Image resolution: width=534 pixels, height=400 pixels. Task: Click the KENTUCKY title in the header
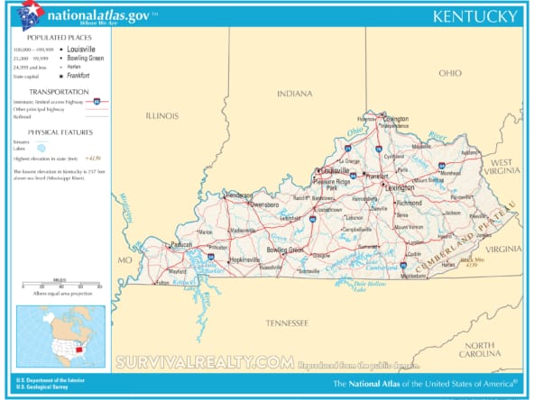475,16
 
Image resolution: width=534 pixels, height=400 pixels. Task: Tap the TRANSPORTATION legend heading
59,91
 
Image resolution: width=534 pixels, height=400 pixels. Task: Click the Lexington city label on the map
398,187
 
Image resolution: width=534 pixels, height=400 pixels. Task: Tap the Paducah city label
182,243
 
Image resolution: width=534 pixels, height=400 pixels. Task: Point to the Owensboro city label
264,205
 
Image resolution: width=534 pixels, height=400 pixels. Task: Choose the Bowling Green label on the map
285,250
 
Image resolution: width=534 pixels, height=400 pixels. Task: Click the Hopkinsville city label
243,259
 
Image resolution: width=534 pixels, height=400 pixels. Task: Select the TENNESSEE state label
287,322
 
